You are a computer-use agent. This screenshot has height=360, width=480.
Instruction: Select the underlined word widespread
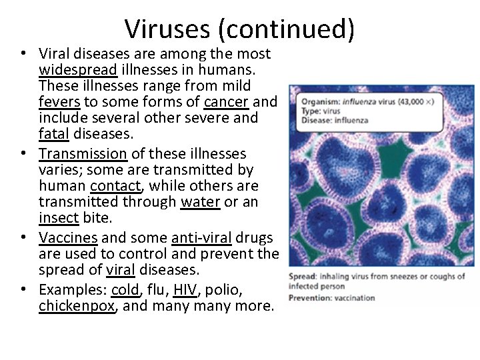[79, 69]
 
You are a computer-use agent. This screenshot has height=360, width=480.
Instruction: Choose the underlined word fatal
[54, 135]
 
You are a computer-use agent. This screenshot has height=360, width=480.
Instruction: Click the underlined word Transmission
[83, 153]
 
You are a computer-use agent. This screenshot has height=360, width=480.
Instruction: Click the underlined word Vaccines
[69, 237]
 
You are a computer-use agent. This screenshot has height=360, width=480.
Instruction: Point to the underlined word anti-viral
[201, 237]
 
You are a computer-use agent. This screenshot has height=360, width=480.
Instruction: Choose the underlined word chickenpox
[76, 306]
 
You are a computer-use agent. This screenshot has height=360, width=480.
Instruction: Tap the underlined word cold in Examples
[125, 289]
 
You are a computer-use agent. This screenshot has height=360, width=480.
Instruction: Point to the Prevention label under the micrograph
[310, 297]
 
